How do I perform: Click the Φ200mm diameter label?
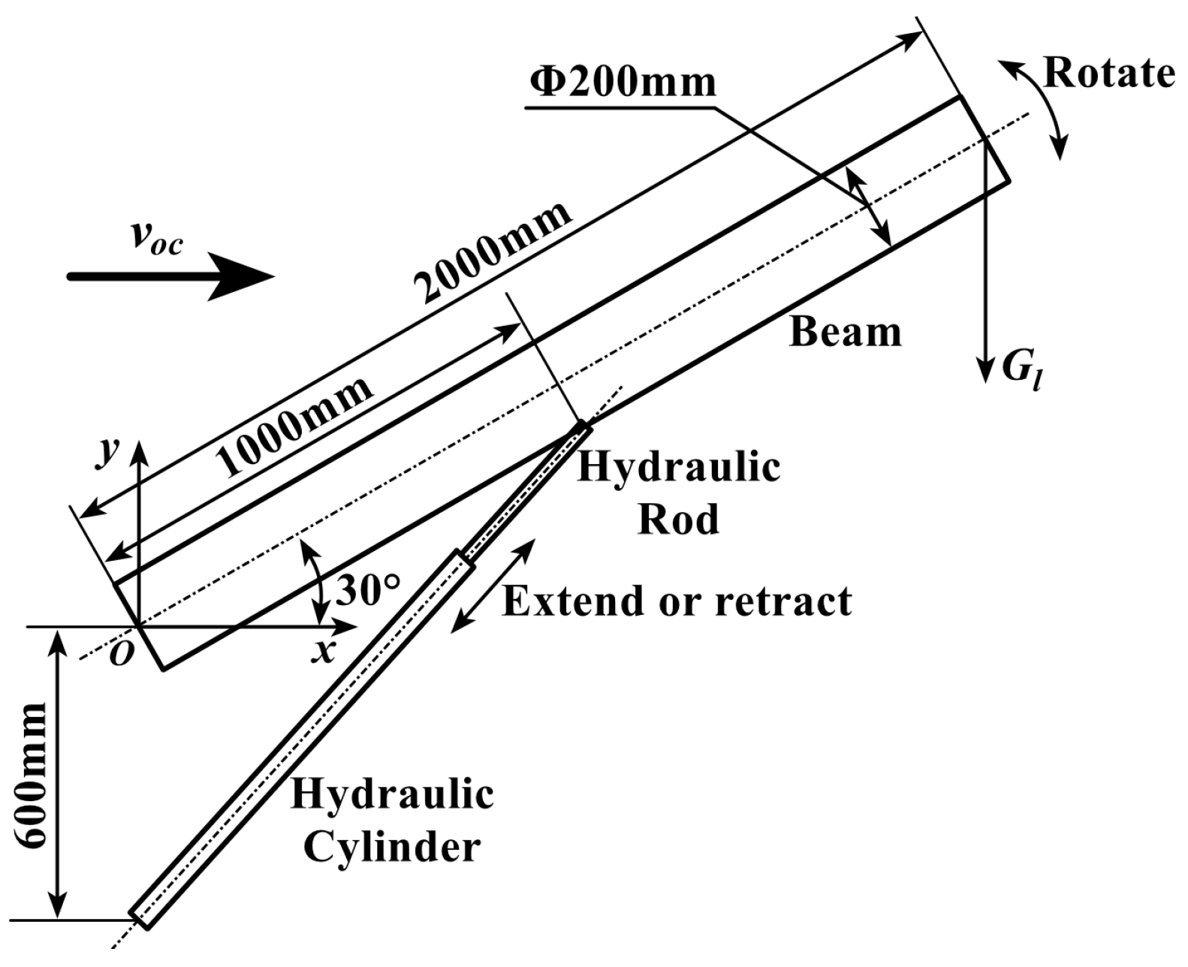point(623,81)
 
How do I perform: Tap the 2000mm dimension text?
point(494,251)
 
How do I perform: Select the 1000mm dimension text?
point(297,426)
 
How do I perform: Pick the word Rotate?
point(1108,74)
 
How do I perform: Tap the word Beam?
point(845,332)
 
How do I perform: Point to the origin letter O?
point(122,655)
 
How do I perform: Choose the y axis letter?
point(111,453)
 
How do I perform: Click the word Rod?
point(677,519)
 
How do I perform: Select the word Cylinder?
point(391,847)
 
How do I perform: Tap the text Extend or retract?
point(677,601)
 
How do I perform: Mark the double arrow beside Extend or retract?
point(493,585)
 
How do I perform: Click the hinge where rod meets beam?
point(583,427)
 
